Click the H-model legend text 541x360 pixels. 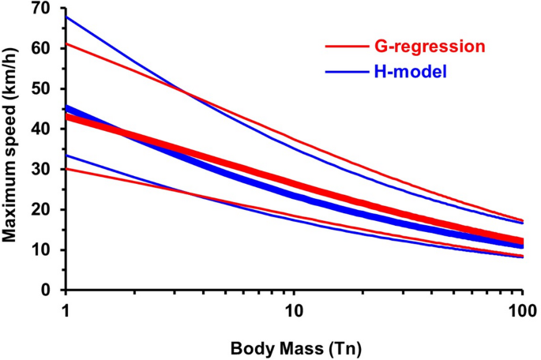(408, 73)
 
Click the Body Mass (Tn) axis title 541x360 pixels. (292, 345)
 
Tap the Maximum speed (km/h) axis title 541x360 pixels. (13, 146)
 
